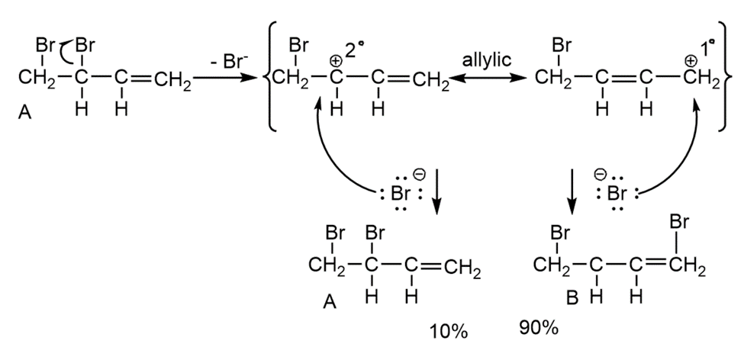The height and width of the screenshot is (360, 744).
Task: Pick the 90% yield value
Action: (x=537, y=329)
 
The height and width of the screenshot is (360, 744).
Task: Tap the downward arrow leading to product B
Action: (x=571, y=198)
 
